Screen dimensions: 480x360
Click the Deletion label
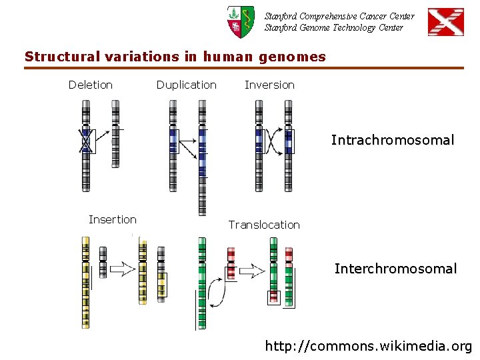pyautogui.click(x=91, y=85)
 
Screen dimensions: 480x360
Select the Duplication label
pyautogui.click(x=186, y=85)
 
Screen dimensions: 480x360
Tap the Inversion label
pyautogui.click(x=269, y=85)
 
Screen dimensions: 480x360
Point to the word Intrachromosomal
pyautogui.click(x=393, y=141)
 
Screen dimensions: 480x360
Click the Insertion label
pyautogui.click(x=113, y=219)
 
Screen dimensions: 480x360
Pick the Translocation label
pyautogui.click(x=264, y=225)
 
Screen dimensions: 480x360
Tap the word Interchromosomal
pyautogui.click(x=395, y=269)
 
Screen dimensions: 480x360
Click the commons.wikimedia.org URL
pyautogui.click(x=369, y=346)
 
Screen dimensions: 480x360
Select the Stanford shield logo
pyautogui.click(x=240, y=21)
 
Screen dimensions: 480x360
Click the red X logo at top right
pyautogui.click(x=445, y=22)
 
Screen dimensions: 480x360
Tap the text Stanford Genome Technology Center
pyautogui.click(x=333, y=27)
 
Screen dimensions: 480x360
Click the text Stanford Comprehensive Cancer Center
pyautogui.click(x=339, y=16)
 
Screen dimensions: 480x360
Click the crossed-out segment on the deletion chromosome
pyautogui.click(x=85, y=141)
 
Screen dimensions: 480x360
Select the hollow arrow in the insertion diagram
pyautogui.click(x=122, y=269)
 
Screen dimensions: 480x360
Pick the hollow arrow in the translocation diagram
pyautogui.click(x=252, y=271)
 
